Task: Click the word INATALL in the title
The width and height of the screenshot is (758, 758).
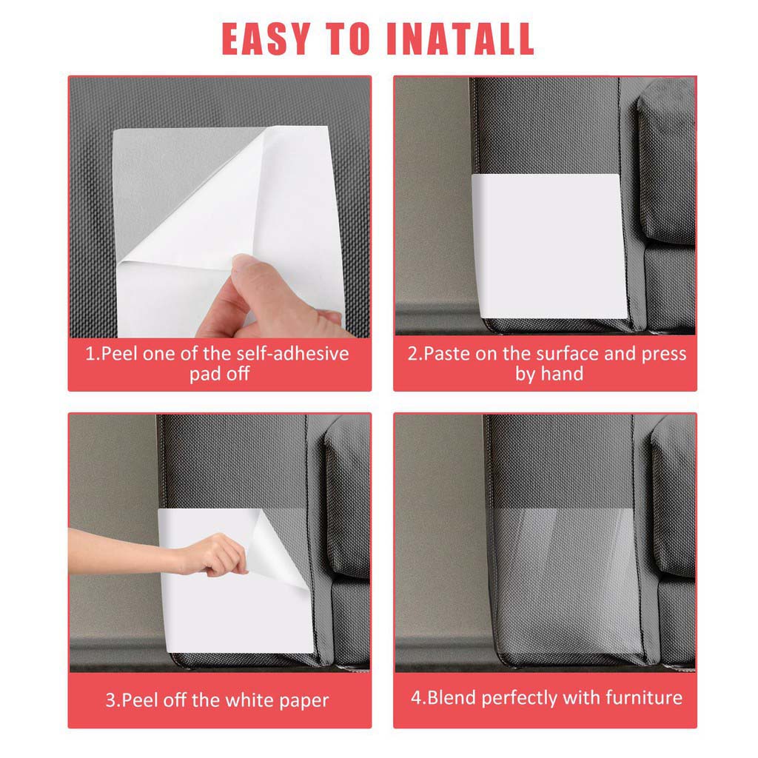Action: coord(460,38)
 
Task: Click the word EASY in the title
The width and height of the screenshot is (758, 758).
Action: coord(266,38)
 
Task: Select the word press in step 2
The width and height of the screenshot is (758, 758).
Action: coord(664,355)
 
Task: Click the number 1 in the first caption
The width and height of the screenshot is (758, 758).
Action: coord(90,354)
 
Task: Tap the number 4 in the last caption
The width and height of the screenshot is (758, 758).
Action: coord(416,697)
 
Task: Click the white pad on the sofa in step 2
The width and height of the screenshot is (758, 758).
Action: coord(549,246)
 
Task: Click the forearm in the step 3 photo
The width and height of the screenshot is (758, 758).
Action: coord(126,550)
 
